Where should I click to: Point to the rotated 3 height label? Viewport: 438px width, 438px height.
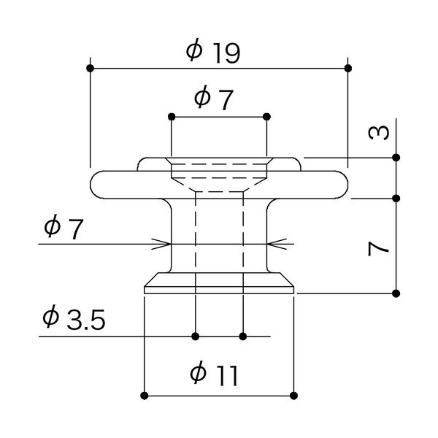coord(377,133)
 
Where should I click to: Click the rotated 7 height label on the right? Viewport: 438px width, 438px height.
coord(377,248)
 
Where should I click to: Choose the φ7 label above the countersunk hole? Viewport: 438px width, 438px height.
coord(213,98)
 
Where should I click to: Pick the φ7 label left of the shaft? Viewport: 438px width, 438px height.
coord(64,227)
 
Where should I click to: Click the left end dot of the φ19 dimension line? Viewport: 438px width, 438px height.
coord(90,68)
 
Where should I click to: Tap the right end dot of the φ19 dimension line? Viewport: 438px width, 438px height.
coord(347,68)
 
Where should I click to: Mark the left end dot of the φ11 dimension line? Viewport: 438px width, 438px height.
coord(145,396)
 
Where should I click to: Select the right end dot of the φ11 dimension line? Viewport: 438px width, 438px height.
coord(294,396)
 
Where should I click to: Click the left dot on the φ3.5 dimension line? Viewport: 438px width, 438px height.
coord(196,337)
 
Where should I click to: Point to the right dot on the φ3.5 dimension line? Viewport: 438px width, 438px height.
coord(243,337)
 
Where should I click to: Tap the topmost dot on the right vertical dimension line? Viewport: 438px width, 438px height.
coord(396,157)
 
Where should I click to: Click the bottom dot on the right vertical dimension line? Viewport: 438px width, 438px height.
coord(396,293)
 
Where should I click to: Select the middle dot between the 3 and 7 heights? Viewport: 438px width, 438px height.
coord(396,198)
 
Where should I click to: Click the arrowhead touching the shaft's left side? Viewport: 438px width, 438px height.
coord(166,243)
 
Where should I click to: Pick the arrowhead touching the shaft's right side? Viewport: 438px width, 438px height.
coord(272,243)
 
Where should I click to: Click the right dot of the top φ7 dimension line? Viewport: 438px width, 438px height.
coord(266,116)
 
